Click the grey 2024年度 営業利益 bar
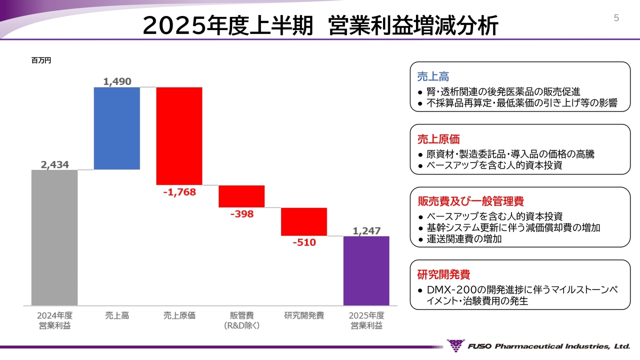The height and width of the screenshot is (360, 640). point(54,237)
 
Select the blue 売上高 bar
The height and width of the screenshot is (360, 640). point(117,128)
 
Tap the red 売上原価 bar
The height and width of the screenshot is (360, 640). point(179,136)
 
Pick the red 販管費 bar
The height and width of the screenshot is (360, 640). point(241,196)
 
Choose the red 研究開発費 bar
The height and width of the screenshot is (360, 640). point(304,221)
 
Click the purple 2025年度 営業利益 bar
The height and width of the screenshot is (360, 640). point(366,270)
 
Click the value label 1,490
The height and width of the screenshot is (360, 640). point(117,81)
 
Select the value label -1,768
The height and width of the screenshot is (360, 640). point(179,191)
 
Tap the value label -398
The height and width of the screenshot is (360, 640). point(241,214)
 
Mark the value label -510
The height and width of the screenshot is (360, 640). point(304,242)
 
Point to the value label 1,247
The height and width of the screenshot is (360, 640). point(366,231)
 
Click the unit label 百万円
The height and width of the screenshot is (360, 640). point(41,60)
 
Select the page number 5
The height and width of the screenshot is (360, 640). point(616,18)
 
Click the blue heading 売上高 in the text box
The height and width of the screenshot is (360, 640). point(433,76)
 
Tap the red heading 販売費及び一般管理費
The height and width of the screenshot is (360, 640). point(470,201)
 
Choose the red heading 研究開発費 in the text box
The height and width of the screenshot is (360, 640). point(443,274)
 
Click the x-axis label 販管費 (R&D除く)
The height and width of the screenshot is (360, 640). point(242,320)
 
